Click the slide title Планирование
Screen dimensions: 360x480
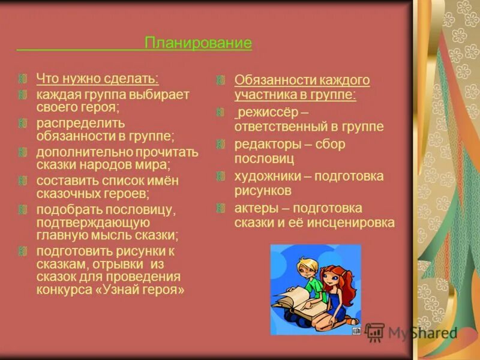click(198, 43)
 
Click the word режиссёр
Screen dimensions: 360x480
click(265, 112)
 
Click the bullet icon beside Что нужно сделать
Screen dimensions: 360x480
click(22, 79)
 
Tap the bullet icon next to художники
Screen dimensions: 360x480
click(221, 176)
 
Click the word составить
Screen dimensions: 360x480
click(62, 181)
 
